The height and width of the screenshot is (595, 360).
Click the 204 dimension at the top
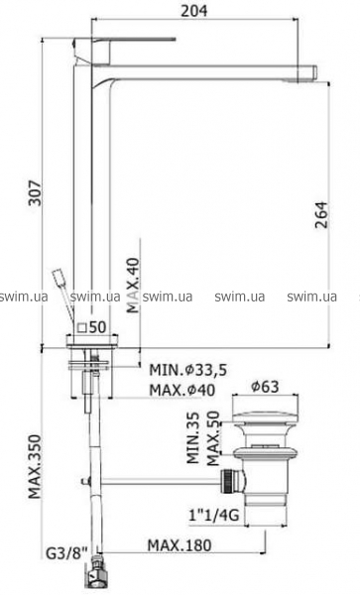[193, 11]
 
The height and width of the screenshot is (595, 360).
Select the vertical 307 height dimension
[36, 192]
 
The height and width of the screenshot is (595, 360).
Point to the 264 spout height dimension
[321, 215]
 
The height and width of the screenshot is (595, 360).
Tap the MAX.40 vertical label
[134, 285]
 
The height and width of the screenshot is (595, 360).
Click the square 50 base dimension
[90, 327]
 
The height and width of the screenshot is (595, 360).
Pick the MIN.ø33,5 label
[187, 370]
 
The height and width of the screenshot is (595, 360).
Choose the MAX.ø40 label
[181, 390]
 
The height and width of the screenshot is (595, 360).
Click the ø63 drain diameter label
[265, 387]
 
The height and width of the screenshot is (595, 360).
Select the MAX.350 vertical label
[36, 466]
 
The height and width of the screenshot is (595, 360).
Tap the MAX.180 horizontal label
[180, 545]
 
